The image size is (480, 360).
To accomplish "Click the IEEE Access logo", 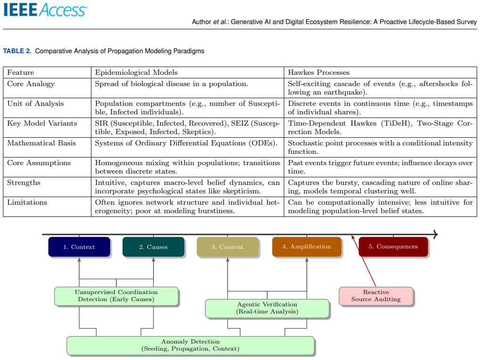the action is (45, 9).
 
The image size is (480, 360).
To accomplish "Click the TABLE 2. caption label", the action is (17, 51).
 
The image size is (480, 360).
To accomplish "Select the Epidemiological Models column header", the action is (136, 72).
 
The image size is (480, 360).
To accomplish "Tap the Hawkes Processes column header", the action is (319, 72).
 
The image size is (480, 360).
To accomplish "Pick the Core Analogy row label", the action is (31, 84).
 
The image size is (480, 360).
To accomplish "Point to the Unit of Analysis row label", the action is (35, 104).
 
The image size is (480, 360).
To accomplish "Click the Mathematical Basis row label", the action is (41, 143).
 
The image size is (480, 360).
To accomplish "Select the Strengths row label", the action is (24, 183).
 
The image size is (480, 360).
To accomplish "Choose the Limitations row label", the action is (27, 202).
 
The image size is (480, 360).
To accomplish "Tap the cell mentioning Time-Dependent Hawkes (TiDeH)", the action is (380, 128).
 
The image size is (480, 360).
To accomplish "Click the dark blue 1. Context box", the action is (79, 247).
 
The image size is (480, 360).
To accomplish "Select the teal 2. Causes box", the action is (154, 247).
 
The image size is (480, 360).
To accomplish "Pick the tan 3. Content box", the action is (228, 247).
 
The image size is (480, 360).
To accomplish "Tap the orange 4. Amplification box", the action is (307, 247).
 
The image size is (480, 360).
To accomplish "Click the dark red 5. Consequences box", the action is (393, 247).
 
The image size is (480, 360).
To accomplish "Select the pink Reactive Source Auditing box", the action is (376, 296).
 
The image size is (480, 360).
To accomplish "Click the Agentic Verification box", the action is (267, 308).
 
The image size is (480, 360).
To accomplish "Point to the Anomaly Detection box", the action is (190, 345).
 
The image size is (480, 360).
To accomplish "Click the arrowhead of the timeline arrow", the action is (436, 235).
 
